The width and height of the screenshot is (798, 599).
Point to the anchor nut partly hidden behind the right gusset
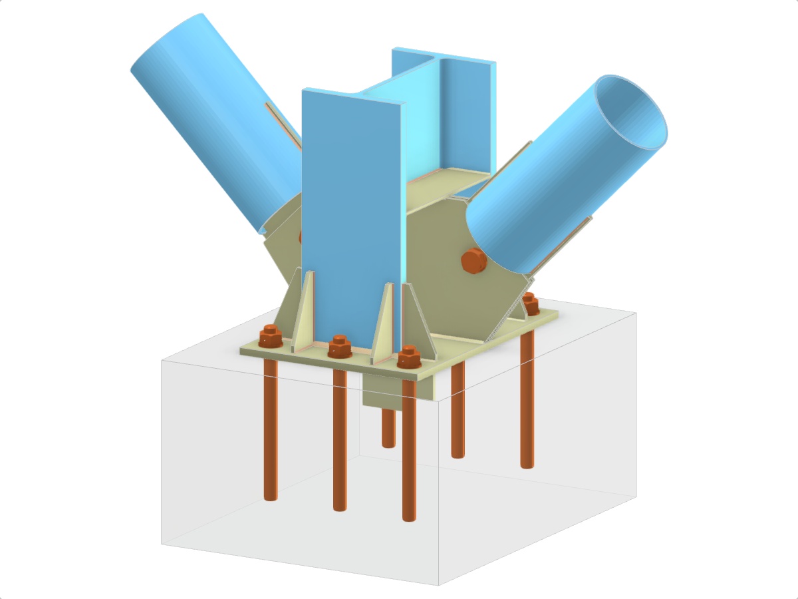click(x=530, y=303)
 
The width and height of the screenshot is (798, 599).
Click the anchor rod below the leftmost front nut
click(x=271, y=433)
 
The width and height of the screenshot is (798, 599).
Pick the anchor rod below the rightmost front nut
click(x=408, y=453)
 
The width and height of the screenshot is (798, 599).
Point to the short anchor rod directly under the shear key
click(x=388, y=429)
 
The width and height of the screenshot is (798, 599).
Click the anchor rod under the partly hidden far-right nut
click(x=527, y=399)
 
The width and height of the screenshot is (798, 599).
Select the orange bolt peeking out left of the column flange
click(x=300, y=236)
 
